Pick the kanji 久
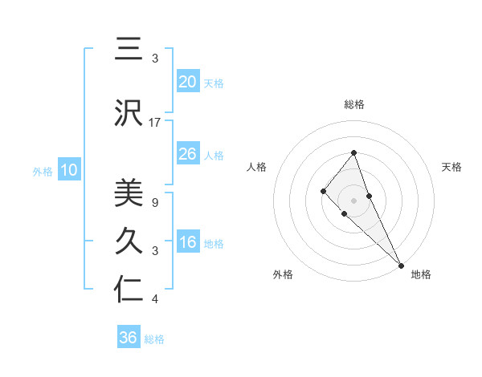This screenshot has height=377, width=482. point(129,241)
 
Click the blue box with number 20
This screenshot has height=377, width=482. point(187,82)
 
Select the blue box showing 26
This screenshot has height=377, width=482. point(187,154)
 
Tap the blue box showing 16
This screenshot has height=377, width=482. point(187,243)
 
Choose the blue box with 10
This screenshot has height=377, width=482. point(68,170)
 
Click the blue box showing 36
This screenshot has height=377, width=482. point(129,338)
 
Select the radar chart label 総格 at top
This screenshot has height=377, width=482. point(354,104)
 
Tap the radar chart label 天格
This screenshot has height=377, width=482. point(451,167)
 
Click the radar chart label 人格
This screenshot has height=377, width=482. point(257,167)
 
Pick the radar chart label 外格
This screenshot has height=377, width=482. point(283,274)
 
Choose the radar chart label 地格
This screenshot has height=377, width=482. point(421,274)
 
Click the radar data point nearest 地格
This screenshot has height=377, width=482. point(401,265)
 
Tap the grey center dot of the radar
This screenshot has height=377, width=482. point(354,200)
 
